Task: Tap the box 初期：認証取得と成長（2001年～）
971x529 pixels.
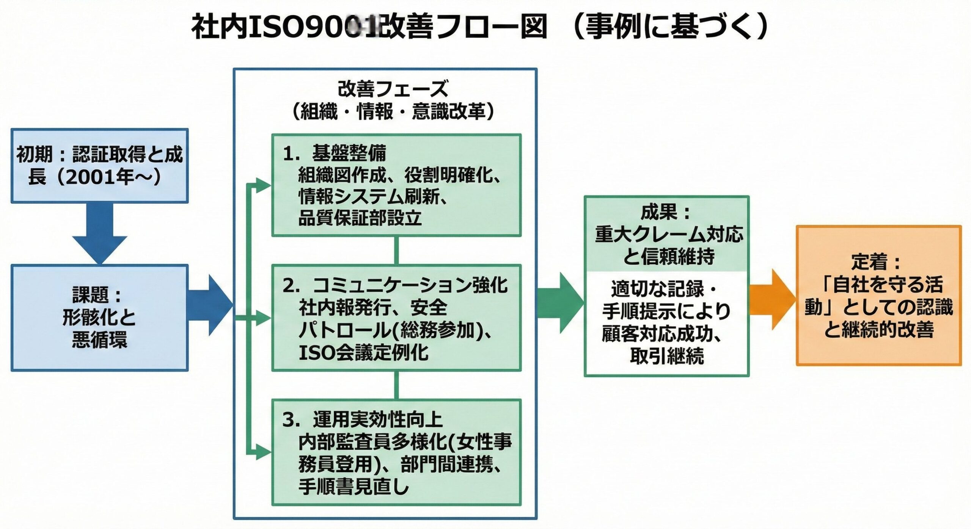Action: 99,165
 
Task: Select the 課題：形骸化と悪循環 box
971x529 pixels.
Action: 99,318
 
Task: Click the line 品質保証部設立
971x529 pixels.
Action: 360,219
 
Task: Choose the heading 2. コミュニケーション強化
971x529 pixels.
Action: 394,285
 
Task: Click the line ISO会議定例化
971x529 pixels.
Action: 363,353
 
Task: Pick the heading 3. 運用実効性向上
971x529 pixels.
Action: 362,420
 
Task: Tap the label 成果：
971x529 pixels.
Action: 666,213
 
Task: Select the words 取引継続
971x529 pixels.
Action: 667,355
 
